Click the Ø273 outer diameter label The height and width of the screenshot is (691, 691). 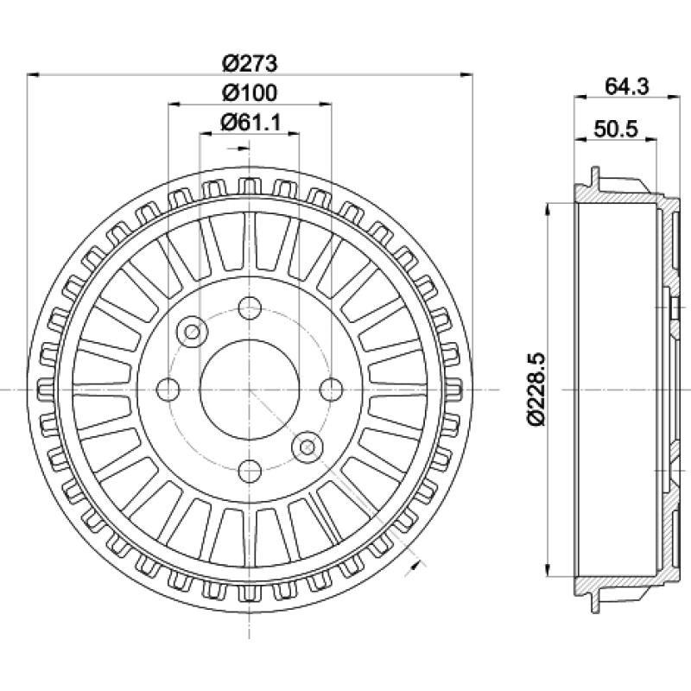[250, 63]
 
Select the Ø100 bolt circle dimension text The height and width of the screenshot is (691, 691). [250, 92]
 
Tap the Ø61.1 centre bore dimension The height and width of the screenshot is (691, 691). [250, 122]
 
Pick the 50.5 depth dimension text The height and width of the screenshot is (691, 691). [616, 129]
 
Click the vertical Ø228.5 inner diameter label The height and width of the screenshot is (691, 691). [536, 390]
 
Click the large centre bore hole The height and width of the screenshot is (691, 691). [250, 390]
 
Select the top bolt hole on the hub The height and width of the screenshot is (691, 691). [250, 308]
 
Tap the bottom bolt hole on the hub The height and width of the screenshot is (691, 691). [250, 471]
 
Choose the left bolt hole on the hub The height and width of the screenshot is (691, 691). [168, 390]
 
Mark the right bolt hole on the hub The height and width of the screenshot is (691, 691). [331, 390]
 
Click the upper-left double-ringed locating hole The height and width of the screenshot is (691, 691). [192, 332]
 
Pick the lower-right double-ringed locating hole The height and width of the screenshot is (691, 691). [307, 447]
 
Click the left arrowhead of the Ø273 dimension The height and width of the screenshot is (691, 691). [34, 75]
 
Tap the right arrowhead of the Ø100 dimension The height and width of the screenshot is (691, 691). [326, 105]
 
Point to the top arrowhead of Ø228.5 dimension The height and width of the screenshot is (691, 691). [548, 210]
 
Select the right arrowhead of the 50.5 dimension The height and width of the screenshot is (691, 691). [650, 139]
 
